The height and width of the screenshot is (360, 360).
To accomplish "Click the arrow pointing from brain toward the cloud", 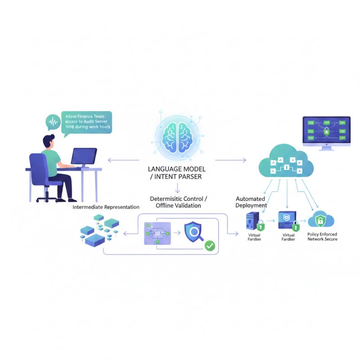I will [x=230, y=160].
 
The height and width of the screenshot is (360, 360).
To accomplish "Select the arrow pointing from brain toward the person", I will [x=124, y=160].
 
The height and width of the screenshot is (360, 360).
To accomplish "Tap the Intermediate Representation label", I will [x=106, y=207].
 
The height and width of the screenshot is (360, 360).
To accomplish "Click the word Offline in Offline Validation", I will [x=167, y=206].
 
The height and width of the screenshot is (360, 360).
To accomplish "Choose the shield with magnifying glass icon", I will [x=195, y=233].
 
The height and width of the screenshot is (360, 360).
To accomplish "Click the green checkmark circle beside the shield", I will [x=209, y=246].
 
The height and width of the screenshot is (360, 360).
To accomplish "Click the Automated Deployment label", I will [x=251, y=202].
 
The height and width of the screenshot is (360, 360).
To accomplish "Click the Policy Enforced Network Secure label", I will [x=322, y=237].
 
